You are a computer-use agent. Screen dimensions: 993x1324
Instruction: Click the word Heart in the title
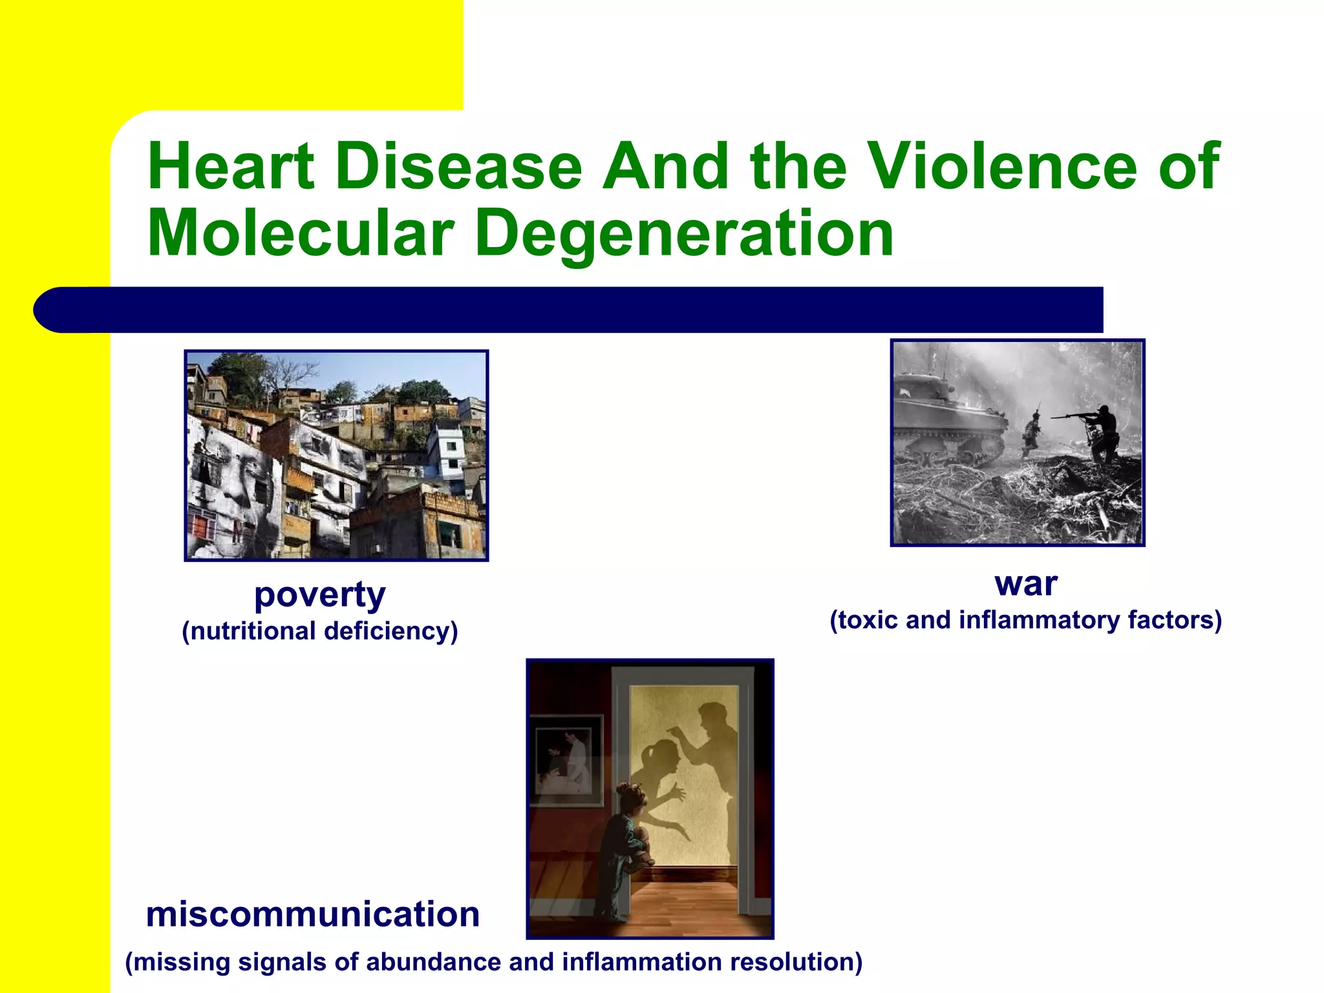[x=231, y=166]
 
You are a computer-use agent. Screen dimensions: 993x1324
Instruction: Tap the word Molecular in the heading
[x=301, y=233]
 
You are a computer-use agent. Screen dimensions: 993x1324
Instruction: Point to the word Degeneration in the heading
[x=684, y=235]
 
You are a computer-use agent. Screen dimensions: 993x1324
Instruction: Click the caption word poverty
[x=320, y=595]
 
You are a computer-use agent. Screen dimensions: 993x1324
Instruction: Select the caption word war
[x=1026, y=583]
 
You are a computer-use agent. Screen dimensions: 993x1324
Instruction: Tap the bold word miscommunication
[x=313, y=914]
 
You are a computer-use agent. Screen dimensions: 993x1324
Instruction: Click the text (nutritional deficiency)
[x=320, y=631]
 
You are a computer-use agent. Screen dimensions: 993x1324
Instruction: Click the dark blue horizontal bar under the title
[x=569, y=310]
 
